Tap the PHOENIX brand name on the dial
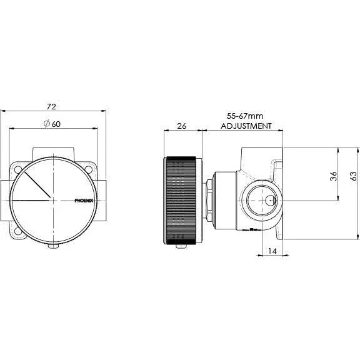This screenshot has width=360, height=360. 84,201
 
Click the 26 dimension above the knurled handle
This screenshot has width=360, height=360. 182,125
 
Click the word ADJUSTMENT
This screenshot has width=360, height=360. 246,126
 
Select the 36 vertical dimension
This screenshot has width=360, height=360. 333,176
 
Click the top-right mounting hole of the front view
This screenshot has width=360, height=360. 90,169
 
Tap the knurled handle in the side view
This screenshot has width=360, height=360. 182,201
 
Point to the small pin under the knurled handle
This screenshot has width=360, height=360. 182,246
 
